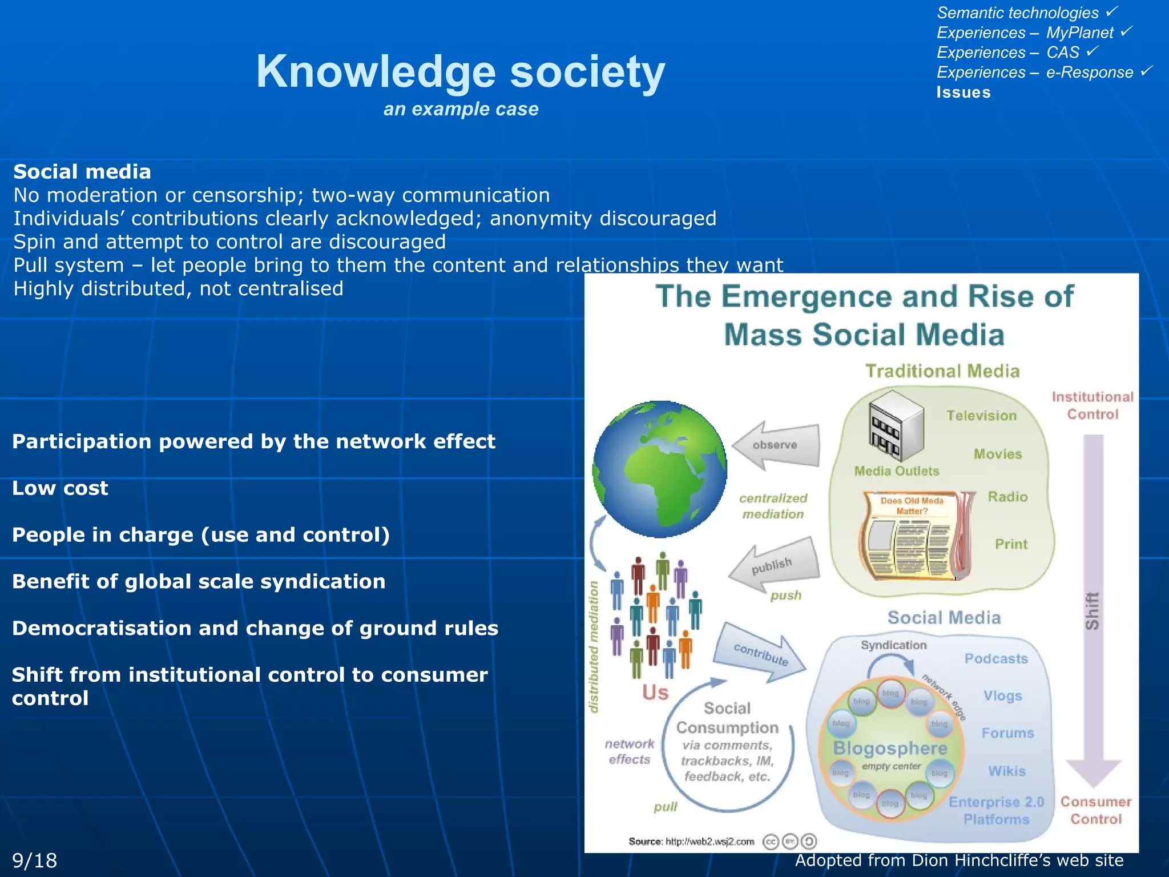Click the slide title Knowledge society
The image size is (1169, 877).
pos(460,72)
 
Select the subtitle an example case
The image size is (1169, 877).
pos(461,109)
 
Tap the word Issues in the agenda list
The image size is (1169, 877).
pos(963,92)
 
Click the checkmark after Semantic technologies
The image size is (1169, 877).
pos(1111,11)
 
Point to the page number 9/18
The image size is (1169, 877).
pos(35,860)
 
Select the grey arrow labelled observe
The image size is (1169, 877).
pos(776,445)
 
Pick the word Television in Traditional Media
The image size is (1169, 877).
pos(981,416)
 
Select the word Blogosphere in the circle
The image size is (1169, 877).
pos(890,748)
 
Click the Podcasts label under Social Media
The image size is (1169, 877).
pos(996,659)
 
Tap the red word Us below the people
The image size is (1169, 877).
pos(655,693)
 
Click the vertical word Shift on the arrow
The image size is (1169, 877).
pos(1092,611)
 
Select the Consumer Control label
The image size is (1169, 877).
pos(1095,810)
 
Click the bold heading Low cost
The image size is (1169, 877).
pos(60,488)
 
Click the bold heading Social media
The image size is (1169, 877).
pos(82,172)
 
